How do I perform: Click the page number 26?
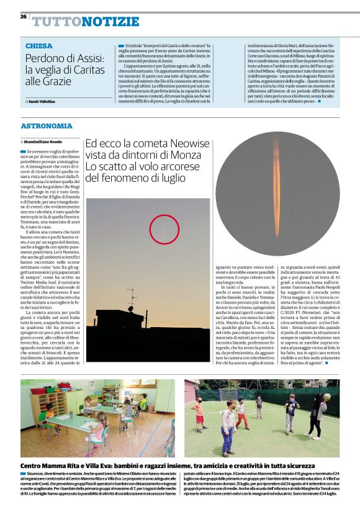click(24, 16)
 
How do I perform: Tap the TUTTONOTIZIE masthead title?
click(86, 22)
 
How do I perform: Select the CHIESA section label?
click(39, 47)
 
